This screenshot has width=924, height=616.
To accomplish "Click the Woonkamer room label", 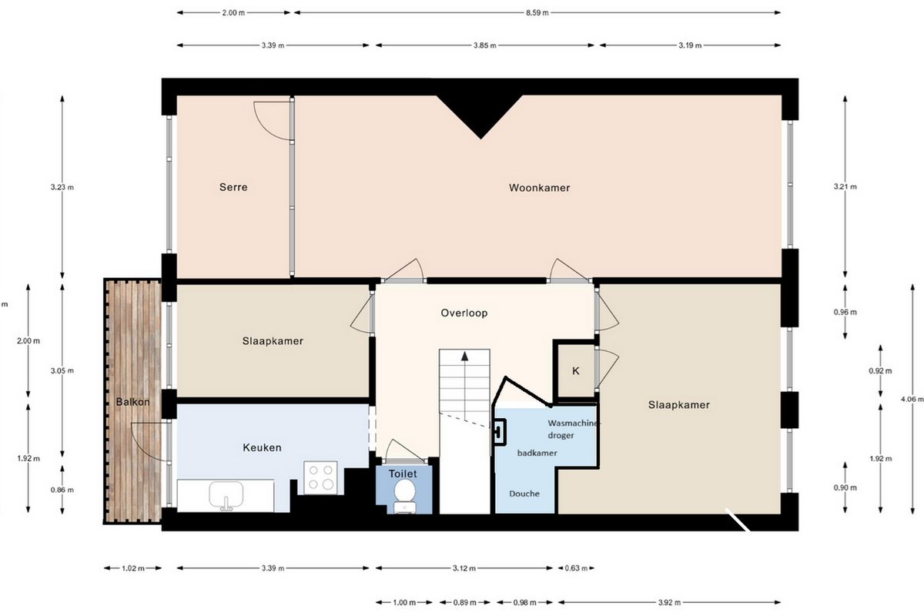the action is (539, 188).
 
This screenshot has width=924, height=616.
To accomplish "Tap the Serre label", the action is (233, 187).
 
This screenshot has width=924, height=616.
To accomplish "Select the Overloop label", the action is (464, 313).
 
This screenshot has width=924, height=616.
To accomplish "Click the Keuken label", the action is (262, 447).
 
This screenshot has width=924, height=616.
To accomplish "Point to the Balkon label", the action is (132, 402).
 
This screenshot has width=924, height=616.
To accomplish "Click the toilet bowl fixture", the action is (405, 497).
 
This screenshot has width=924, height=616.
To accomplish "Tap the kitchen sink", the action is (226, 495).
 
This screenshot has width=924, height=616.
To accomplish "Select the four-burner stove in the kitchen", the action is (320, 477).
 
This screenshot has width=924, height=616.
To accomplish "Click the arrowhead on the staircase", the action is (465, 356).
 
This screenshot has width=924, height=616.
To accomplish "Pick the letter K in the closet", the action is (576, 371).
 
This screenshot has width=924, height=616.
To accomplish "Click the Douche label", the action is (524, 494).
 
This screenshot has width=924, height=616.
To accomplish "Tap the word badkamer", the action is (537, 453).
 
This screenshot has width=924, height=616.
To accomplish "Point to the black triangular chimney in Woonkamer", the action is (480, 114).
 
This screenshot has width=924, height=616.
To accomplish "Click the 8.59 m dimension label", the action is (537, 13).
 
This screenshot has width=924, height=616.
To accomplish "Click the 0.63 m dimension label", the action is (576, 568).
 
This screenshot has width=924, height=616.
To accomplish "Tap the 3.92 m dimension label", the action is (669, 602).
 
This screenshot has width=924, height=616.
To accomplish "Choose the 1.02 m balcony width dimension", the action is (132, 568).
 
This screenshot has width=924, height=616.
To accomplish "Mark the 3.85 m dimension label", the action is (484, 45).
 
